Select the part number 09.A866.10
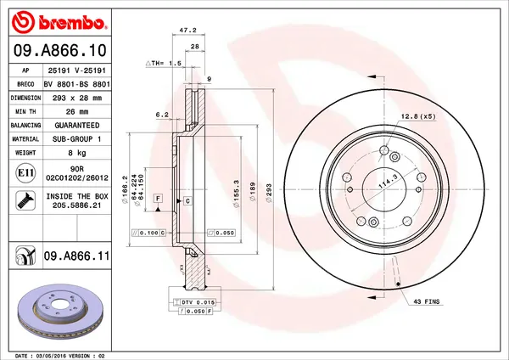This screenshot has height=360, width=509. click(x=59, y=50)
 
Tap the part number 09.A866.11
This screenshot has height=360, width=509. click(x=81, y=255)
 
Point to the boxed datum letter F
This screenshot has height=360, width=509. click(x=157, y=197)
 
